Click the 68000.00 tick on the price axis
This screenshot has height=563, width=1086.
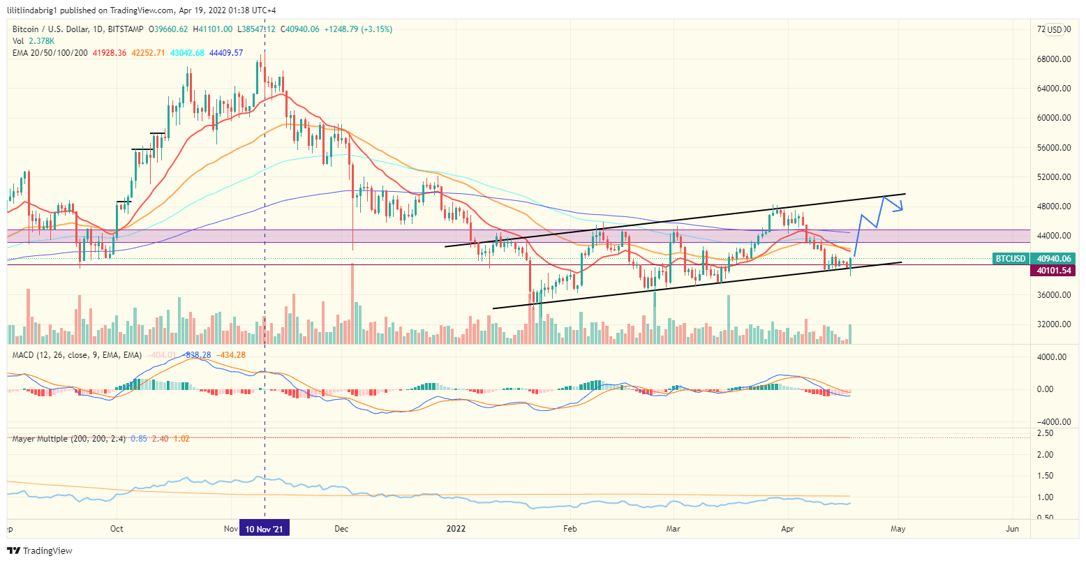pyautogui.click(x=1054, y=59)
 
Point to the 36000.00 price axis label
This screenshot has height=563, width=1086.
pyautogui.click(x=1054, y=295)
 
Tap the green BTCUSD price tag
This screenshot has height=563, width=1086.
pyautogui.click(x=1010, y=259)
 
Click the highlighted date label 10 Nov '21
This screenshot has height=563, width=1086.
pyautogui.click(x=264, y=529)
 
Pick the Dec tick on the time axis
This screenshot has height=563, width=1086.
pyautogui.click(x=341, y=529)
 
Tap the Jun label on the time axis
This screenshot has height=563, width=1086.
pyautogui.click(x=1012, y=529)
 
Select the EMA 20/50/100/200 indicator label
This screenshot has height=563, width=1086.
pyautogui.click(x=50, y=53)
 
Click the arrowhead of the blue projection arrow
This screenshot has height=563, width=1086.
pyautogui.click(x=901, y=207)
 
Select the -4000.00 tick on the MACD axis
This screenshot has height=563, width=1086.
pyautogui.click(x=1051, y=422)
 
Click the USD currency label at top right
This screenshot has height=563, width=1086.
pyautogui.click(x=1054, y=29)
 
